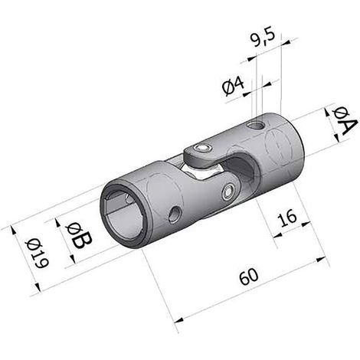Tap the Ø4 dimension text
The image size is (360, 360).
[x=234, y=87]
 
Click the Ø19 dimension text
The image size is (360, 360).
[x=37, y=254]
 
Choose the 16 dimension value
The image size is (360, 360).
[x=287, y=218]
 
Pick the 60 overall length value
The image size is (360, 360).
[x=249, y=277]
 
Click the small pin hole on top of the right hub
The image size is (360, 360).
[x=256, y=125]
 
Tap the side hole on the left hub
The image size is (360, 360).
[x=175, y=214]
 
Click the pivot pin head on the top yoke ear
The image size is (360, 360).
[x=203, y=149]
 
